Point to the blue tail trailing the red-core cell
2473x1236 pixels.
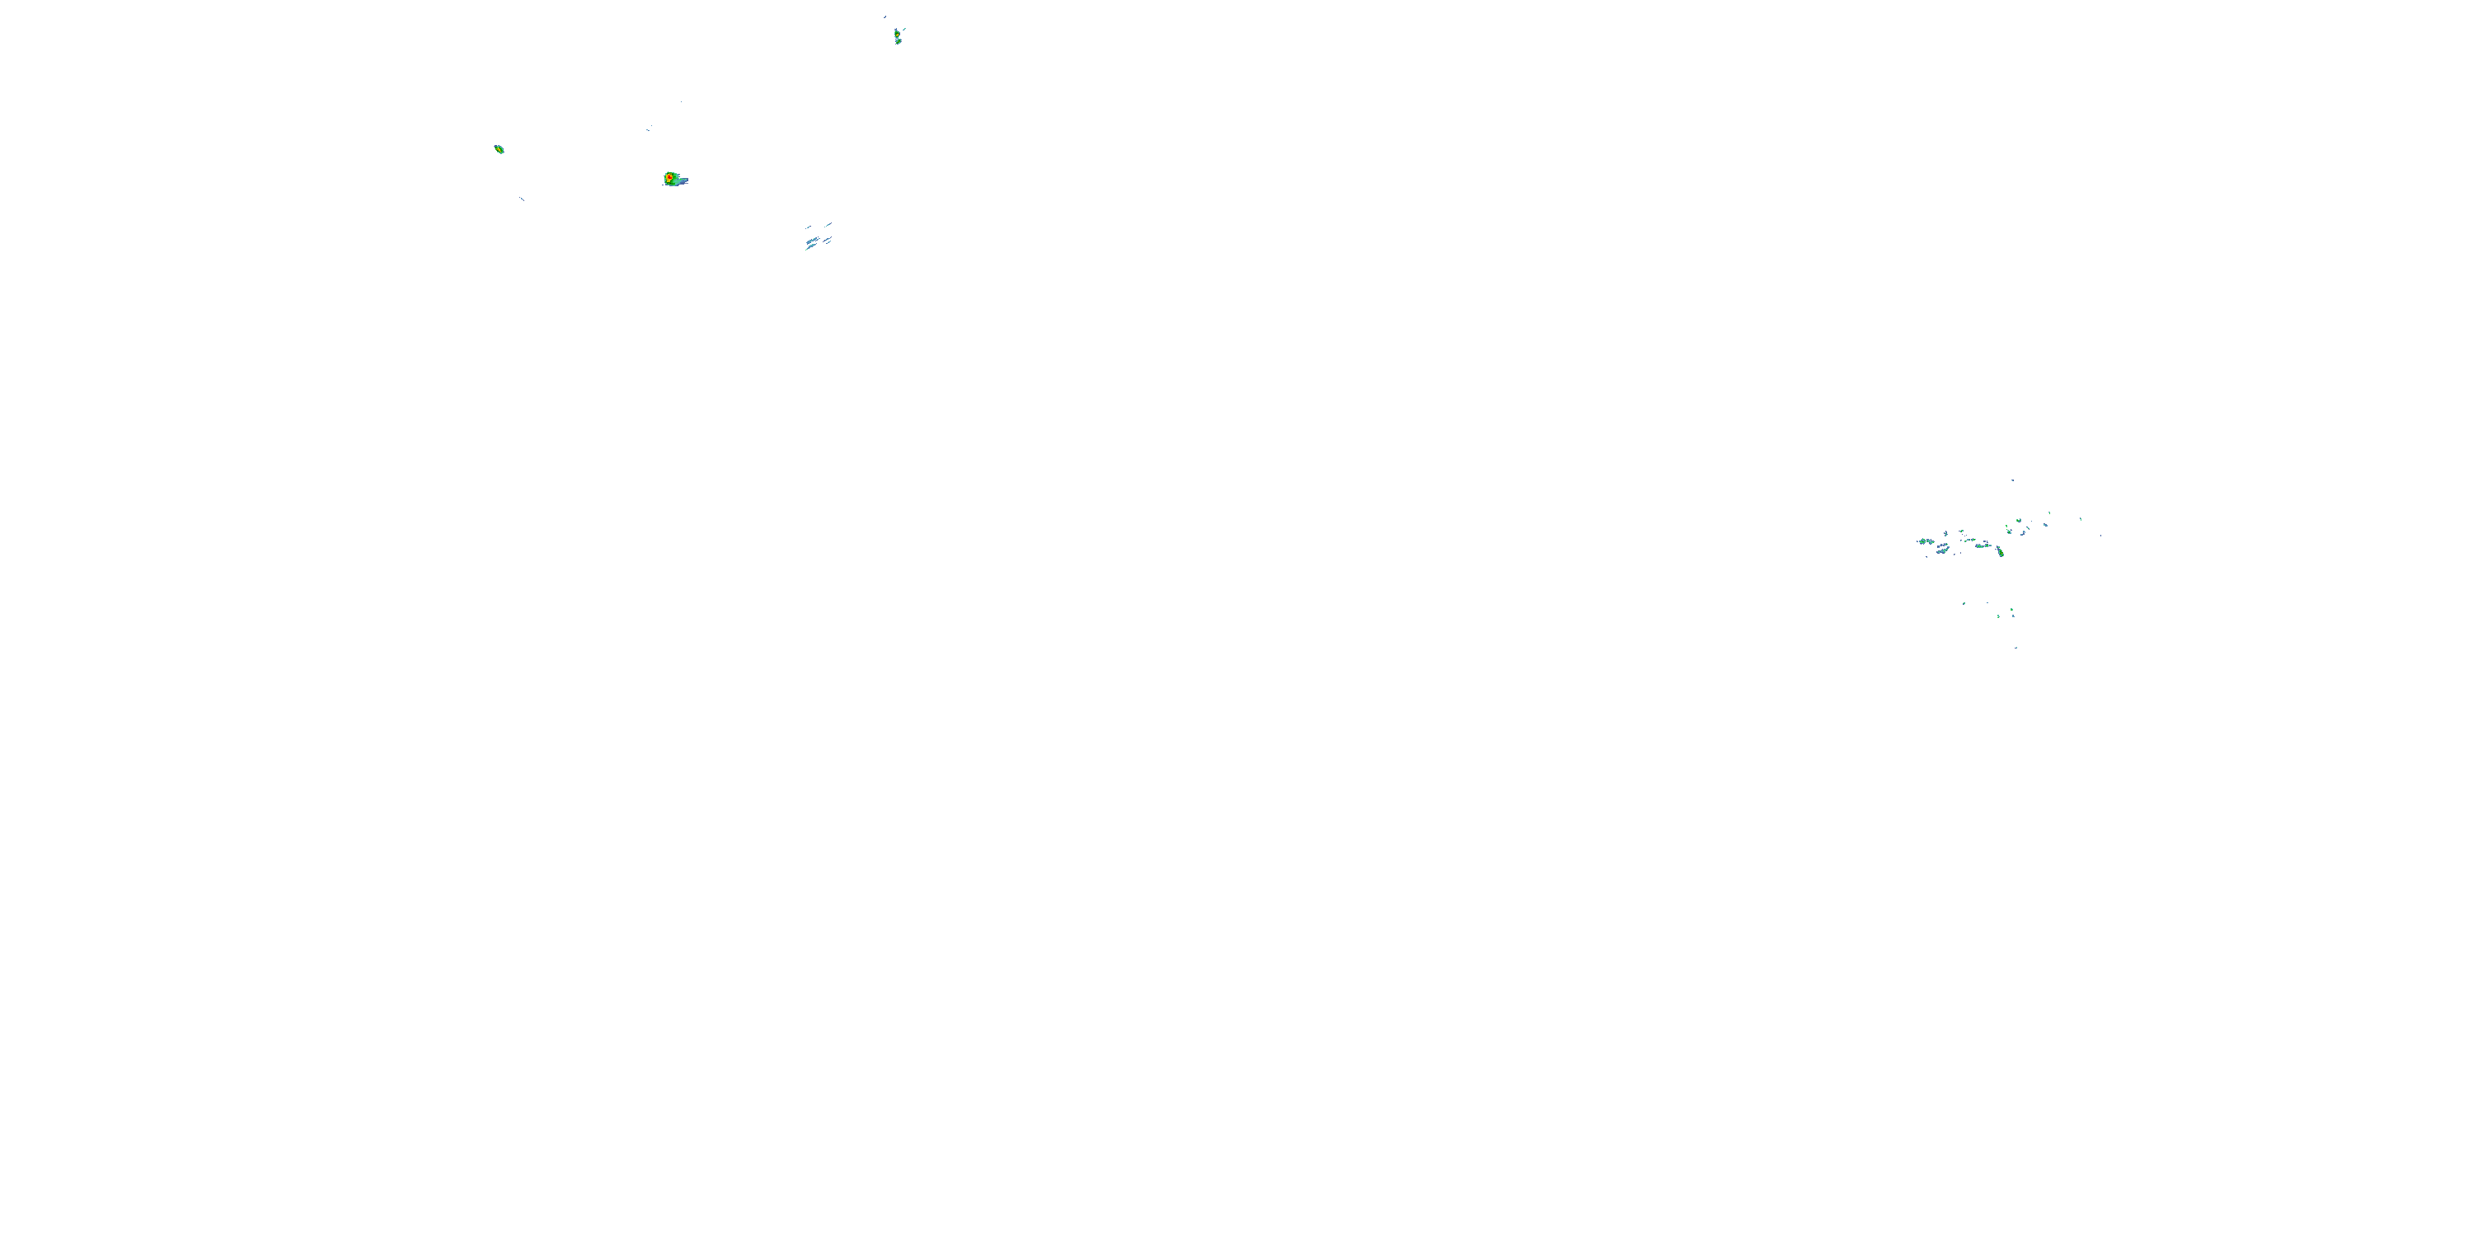pyautogui.click(x=683, y=180)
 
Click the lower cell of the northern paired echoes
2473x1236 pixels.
pyautogui.click(x=899, y=41)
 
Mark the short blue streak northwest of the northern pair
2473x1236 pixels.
pyautogui.click(x=885, y=17)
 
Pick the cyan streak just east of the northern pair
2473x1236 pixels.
pyautogui.click(x=904, y=30)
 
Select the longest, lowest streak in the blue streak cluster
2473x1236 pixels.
pyautogui.click(x=811, y=246)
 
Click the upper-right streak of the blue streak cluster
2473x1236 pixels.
pyautogui.click(x=828, y=225)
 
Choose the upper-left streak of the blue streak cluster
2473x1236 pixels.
pyautogui.click(x=809, y=227)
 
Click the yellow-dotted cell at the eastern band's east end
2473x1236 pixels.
pyautogui.click(x=2001, y=553)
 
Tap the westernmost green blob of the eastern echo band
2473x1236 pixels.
pyautogui.click(x=1923, y=541)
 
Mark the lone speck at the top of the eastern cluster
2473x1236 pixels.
pyautogui.click(x=2013, y=480)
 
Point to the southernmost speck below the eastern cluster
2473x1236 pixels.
pyautogui.click(x=2016, y=648)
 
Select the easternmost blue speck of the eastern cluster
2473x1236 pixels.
pyautogui.click(x=2101, y=536)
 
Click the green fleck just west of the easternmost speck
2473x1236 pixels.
pyautogui.click(x=2081, y=519)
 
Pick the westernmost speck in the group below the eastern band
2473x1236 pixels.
pyautogui.click(x=1964, y=604)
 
